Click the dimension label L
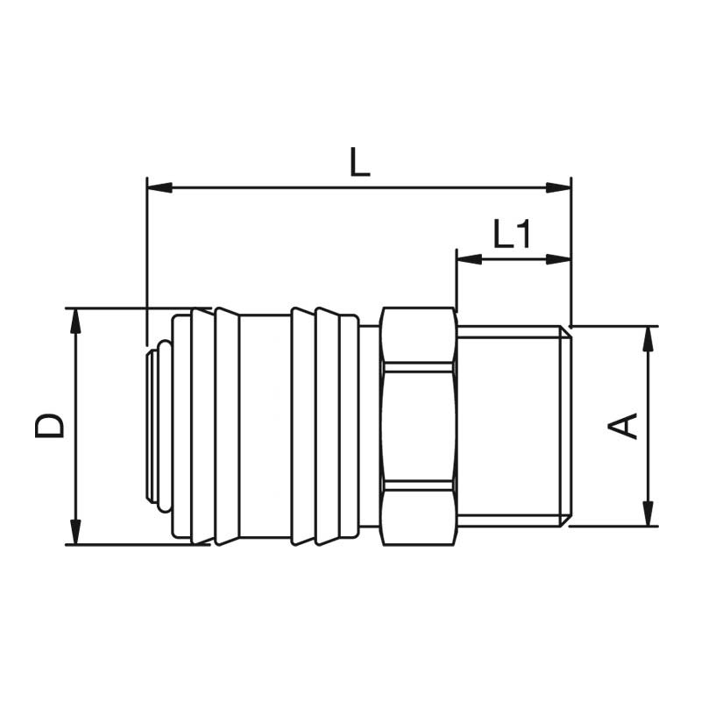click(359, 162)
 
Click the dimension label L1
click(512, 233)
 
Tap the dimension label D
click(50, 426)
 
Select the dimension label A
click(622, 426)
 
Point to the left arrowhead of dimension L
click(159, 188)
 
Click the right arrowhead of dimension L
click(558, 188)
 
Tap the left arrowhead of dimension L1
click(469, 258)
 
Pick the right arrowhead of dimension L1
click(558, 258)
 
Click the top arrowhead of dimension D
click(76, 321)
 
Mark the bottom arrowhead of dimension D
click(76, 532)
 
